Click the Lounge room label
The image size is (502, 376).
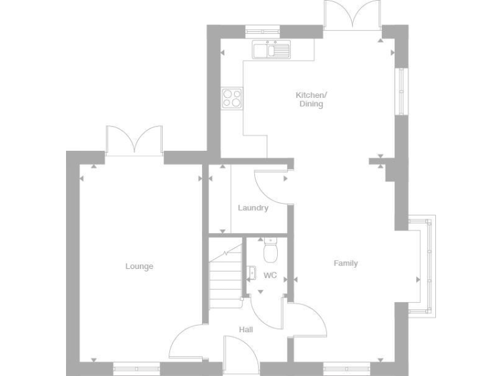139,266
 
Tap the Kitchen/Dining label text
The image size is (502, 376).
311,99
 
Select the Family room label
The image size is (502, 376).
346,264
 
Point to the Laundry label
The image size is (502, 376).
253,208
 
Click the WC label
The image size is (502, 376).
270,275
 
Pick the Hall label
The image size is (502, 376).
246,330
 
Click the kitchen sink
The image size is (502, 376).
271,50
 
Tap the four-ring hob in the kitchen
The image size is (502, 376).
231,98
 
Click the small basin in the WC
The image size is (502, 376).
252,273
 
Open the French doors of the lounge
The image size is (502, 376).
134,140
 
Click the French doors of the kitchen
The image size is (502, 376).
352,14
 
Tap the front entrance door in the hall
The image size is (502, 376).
240,356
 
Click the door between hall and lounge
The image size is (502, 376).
186,343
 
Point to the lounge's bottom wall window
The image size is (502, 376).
136,368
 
